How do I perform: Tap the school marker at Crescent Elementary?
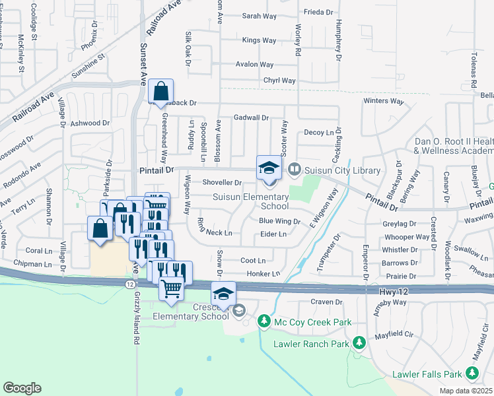tap(223, 293)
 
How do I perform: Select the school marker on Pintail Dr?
tap(269, 167)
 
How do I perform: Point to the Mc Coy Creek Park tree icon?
tap(264, 321)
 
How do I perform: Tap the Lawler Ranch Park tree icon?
tap(359, 343)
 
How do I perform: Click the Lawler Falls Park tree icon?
tap(472, 374)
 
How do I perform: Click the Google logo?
tap(22, 388)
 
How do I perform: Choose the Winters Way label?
tap(384, 101)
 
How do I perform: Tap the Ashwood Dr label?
tap(90, 123)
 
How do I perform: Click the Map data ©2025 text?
tap(466, 391)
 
